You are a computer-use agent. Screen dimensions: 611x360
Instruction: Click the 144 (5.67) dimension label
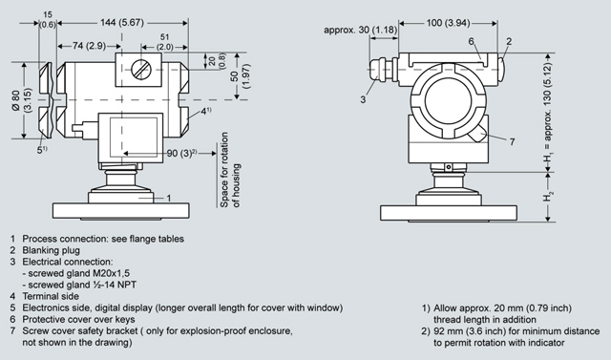click(122, 23)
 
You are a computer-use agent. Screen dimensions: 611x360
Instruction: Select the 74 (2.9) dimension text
click(89, 46)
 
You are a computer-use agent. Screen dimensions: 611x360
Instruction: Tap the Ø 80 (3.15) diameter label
click(22, 101)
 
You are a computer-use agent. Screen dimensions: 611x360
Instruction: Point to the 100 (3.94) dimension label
click(448, 23)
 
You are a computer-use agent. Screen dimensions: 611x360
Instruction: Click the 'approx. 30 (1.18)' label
click(361, 30)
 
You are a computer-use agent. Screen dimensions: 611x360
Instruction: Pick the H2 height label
click(548, 197)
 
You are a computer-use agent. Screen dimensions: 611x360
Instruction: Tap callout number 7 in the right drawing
click(512, 141)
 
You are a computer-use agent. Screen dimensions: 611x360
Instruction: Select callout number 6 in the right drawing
click(471, 41)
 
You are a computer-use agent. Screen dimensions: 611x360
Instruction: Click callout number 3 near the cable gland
click(363, 99)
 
